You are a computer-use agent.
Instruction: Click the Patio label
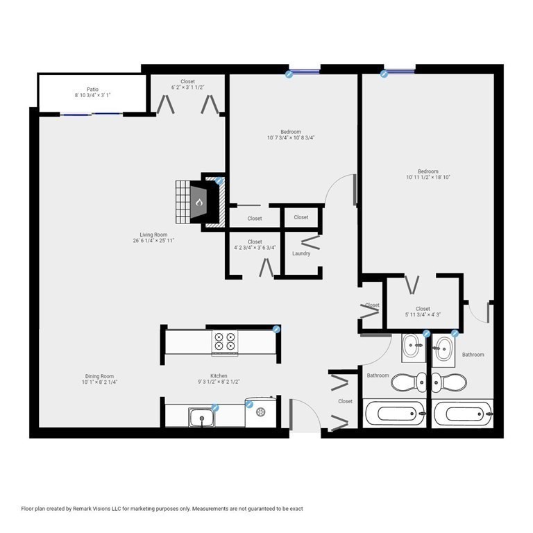(x=92, y=90)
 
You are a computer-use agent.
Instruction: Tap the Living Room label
(x=153, y=235)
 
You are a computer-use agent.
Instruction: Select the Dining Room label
(x=100, y=376)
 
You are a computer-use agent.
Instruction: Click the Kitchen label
(x=219, y=375)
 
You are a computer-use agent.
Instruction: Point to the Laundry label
(x=301, y=253)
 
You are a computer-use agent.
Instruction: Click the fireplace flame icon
(x=199, y=202)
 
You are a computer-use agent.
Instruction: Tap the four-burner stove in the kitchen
(x=225, y=342)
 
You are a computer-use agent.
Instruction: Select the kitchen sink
(x=201, y=417)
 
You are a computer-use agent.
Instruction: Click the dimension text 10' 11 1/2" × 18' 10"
(x=428, y=177)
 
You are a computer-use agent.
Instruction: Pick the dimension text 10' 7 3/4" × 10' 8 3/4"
(x=291, y=137)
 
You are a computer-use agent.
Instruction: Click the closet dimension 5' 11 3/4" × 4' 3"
(x=423, y=315)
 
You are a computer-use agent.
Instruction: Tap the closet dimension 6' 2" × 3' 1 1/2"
(x=187, y=87)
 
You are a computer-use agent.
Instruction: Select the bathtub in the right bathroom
(x=463, y=414)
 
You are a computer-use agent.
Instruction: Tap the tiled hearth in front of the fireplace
(x=183, y=202)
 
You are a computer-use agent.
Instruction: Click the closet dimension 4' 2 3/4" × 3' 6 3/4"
(x=255, y=248)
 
